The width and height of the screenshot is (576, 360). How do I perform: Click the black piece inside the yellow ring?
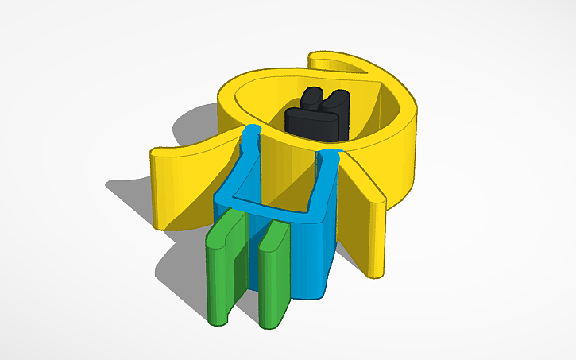pos(315,119)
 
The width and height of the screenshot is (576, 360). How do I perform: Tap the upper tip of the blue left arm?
pos(253,131)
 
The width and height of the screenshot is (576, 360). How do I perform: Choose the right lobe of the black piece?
pos(338,99)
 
